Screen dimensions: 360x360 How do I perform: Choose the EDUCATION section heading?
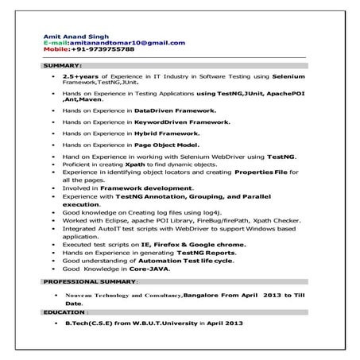pos(65,312)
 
